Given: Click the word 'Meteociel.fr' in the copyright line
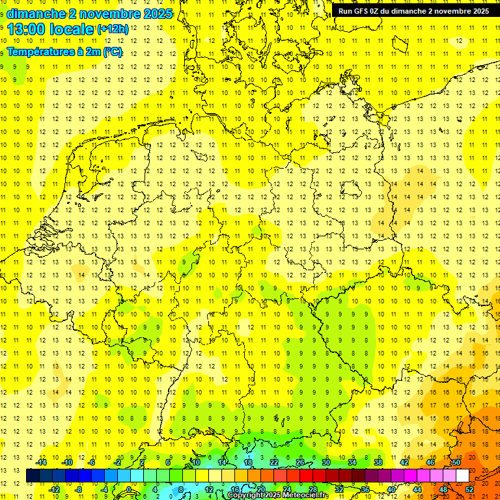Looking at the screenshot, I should coord(306,495).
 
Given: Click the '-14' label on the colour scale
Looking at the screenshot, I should coord(42,462).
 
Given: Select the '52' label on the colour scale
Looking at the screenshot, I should coord(469,489).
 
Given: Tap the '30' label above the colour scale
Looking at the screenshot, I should coord(326,462).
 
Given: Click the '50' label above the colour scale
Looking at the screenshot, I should coord(456,462).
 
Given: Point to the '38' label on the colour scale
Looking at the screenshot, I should coord(378,462).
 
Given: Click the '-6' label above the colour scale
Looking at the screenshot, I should coord(92,462).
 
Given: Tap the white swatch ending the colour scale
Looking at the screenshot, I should coord(463,475).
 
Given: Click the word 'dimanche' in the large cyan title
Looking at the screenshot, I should coord(36,14).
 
